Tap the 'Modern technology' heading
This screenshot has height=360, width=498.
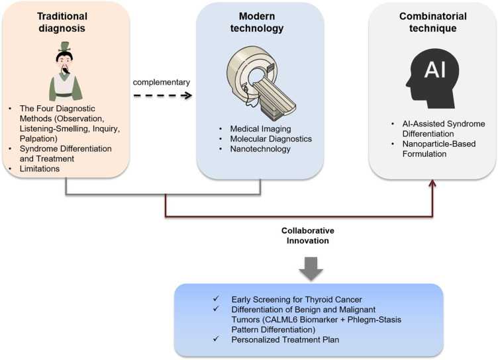(259, 19)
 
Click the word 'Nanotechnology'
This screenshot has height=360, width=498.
(252, 150)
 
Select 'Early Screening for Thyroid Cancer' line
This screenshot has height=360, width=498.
(264, 297)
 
